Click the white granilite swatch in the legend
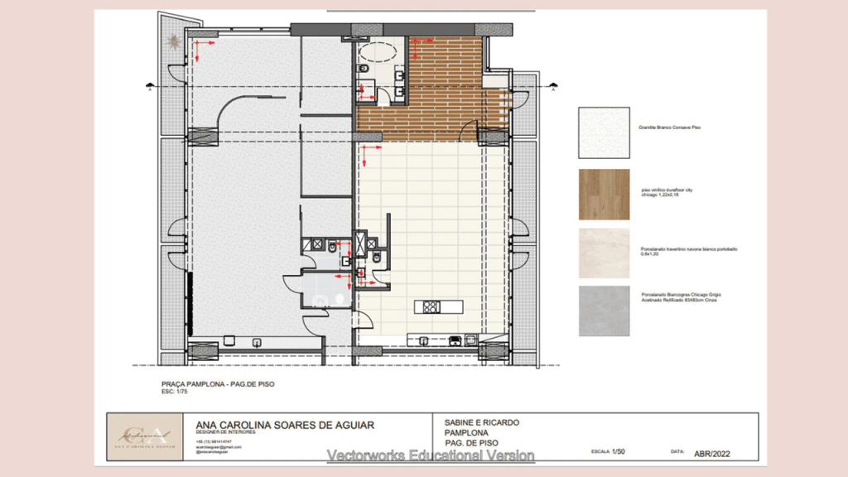click(x=604, y=132)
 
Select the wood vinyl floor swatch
click(x=604, y=195)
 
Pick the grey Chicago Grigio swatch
click(x=604, y=311)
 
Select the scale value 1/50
click(x=619, y=452)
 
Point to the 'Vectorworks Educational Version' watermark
click(x=430, y=455)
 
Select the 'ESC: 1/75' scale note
click(x=176, y=392)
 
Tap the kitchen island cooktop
click(x=431, y=307)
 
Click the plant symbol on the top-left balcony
click(x=175, y=39)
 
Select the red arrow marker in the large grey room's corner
click(x=199, y=51)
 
